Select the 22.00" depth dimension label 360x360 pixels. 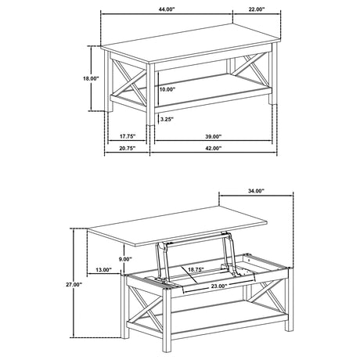pyautogui.click(x=256, y=9)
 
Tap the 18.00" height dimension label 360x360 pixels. pyautogui.click(x=91, y=78)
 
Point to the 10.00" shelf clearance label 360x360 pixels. pyautogui.click(x=167, y=90)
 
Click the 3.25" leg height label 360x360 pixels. pyautogui.click(x=166, y=120)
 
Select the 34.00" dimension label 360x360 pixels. pyautogui.click(x=254, y=191)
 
